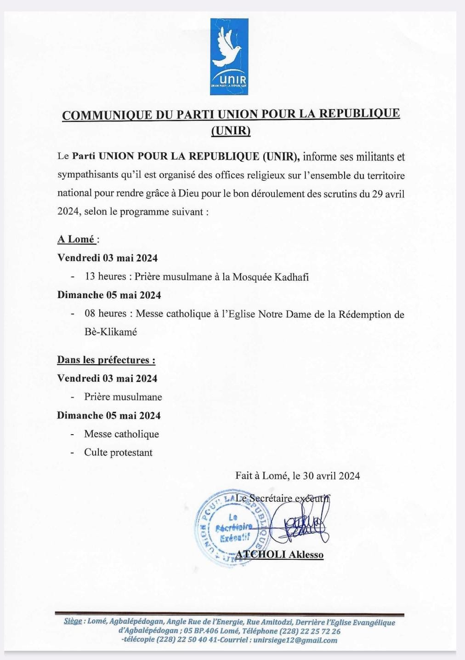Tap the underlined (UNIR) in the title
[x=231, y=131]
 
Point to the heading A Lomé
[x=76, y=239]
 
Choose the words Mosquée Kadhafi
[x=270, y=277]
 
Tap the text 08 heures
[x=106, y=314]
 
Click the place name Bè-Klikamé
[x=111, y=332]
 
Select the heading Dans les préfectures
[x=106, y=360]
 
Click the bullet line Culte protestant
[x=118, y=453]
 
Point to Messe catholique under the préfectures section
[x=121, y=434]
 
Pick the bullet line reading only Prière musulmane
[x=123, y=397]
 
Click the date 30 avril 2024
[x=332, y=476]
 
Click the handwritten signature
[x=301, y=522]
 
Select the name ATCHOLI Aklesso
[x=280, y=555]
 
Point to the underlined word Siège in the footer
[x=73, y=622]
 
